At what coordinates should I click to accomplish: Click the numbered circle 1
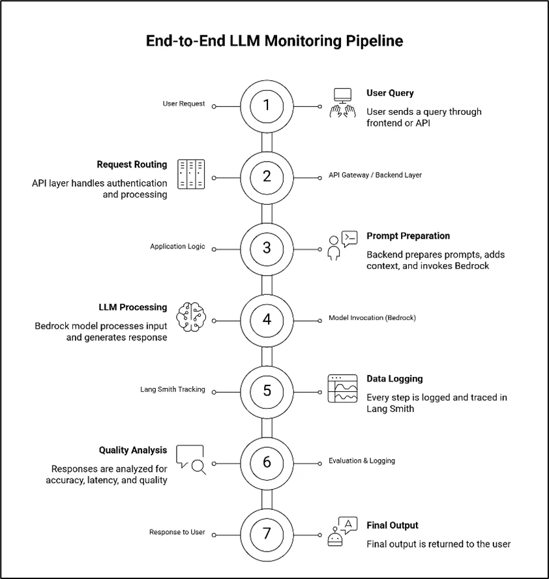click(266, 106)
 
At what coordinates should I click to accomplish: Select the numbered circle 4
click(266, 319)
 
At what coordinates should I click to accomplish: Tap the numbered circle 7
click(266, 533)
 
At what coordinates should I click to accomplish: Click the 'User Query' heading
click(390, 93)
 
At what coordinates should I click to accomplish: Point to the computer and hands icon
click(342, 103)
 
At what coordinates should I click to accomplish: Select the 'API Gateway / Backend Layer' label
click(375, 175)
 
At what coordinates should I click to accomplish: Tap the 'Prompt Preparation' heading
click(408, 236)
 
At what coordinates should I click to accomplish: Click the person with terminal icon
click(342, 245)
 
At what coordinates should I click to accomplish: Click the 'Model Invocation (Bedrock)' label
click(372, 318)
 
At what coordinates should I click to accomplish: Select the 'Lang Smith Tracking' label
click(173, 389)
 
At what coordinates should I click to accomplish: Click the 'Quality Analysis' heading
click(133, 450)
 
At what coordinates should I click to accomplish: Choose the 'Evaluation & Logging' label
click(361, 461)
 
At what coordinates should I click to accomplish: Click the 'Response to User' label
click(177, 532)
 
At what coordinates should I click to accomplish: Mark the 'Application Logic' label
click(177, 246)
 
